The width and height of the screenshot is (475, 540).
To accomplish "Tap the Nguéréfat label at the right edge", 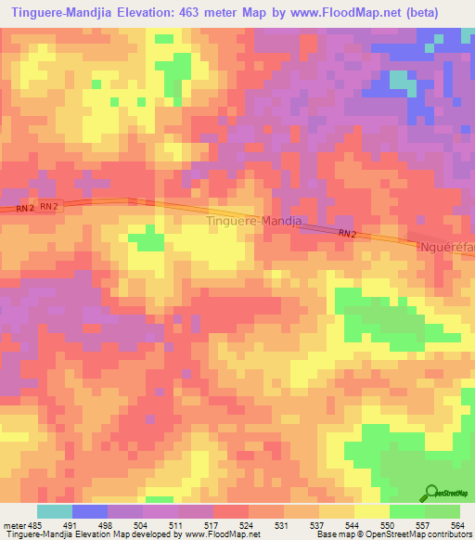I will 448,249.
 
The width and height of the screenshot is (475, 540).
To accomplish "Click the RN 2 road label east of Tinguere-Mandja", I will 347,234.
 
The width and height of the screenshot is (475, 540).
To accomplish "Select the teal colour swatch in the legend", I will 54,511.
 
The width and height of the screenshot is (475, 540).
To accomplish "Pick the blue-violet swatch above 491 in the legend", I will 89,511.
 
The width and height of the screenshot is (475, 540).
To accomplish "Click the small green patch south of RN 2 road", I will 145,240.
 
